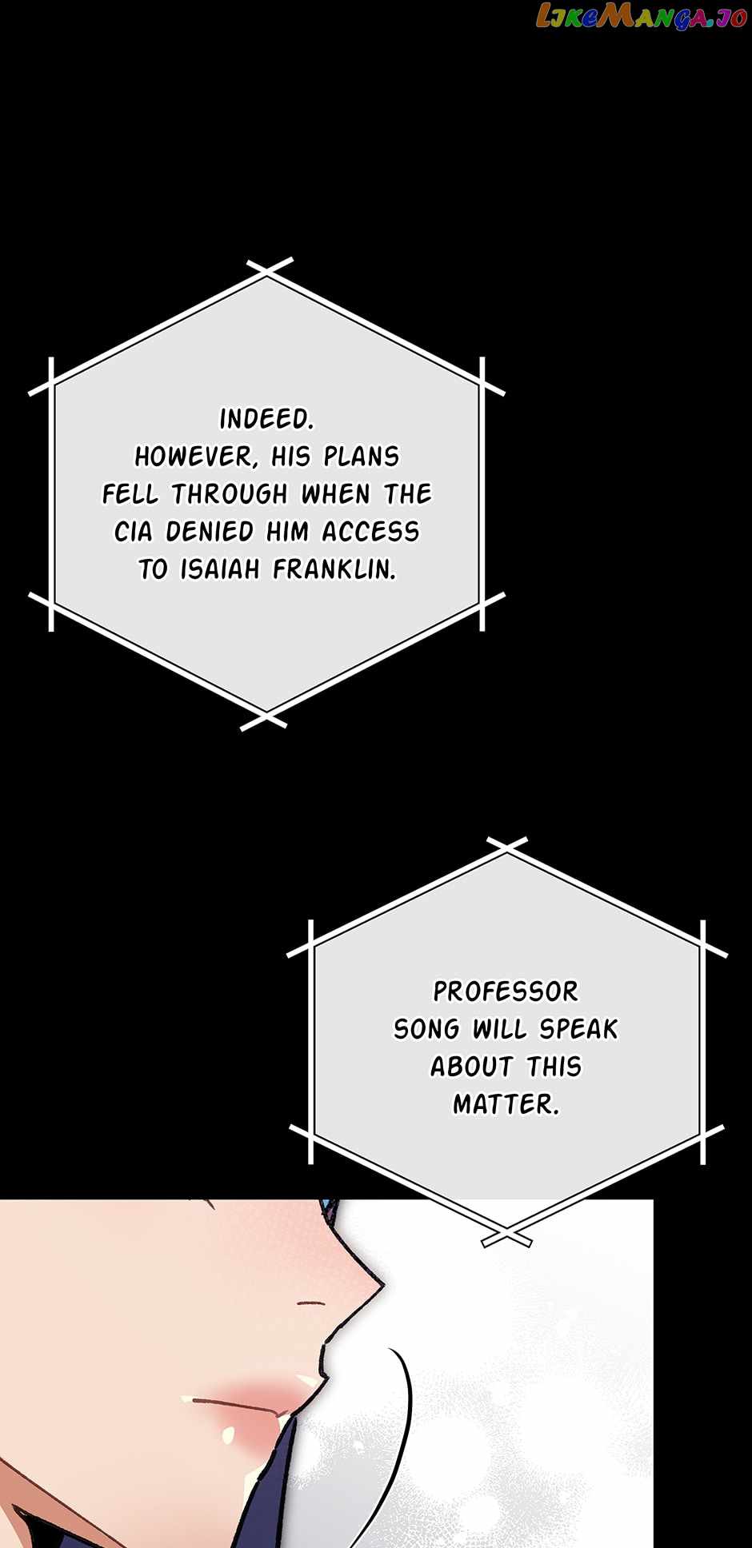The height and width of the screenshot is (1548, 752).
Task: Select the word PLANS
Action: point(361,457)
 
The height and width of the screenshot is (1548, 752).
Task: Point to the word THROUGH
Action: point(230,494)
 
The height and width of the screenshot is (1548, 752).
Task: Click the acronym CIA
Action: point(133,532)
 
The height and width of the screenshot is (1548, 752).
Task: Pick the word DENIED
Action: point(210,532)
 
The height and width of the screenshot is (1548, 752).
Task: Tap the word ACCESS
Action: point(370,532)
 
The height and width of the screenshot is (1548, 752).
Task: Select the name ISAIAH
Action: point(220,569)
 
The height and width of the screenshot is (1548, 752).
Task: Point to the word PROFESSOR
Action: point(506,991)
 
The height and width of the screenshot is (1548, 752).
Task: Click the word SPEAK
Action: point(578,1029)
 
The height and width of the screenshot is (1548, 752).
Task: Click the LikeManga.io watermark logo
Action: point(641,17)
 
